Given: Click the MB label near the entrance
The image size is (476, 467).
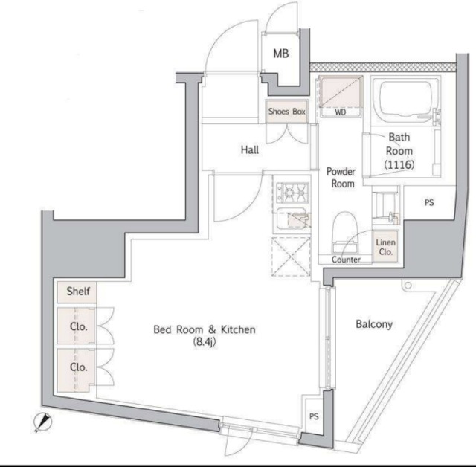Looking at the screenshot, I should tap(280, 54).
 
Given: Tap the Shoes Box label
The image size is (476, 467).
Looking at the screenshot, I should tap(287, 112).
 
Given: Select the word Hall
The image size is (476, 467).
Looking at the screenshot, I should tap(250, 149).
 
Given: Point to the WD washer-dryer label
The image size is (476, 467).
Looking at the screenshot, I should tap(340, 113).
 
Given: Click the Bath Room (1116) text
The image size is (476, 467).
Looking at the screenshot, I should tap(399, 150).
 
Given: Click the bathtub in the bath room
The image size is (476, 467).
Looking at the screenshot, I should tap(407, 103).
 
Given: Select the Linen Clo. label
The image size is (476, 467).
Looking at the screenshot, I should tap(385, 247).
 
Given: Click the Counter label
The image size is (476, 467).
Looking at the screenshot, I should tap(346, 260).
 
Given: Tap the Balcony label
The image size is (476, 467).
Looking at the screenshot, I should tap(373, 324).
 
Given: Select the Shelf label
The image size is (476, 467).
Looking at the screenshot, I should tap(78, 292).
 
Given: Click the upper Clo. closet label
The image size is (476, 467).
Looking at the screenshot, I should tap(79, 326).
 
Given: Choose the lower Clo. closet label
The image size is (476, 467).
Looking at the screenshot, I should tap(79, 367).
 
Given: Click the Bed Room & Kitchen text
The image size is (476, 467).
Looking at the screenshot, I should tap(204, 334).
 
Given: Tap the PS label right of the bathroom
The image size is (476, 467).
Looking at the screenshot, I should tap(429, 202).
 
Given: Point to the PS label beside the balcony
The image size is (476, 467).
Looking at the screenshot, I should tap(313, 417).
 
